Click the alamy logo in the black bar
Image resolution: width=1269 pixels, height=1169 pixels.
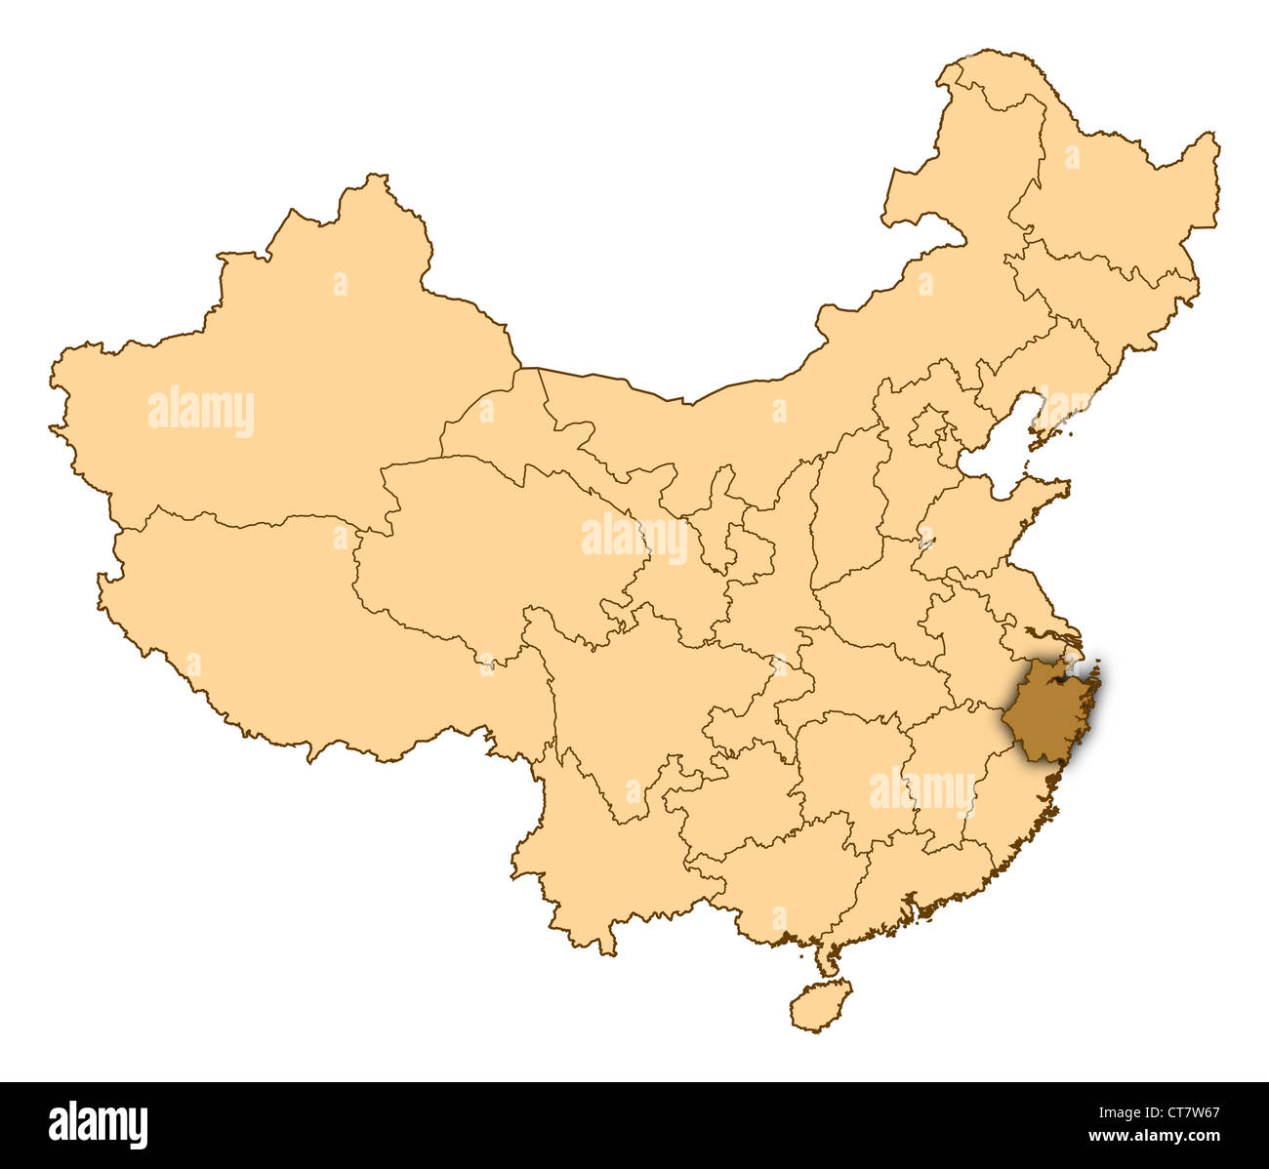click(98, 1124)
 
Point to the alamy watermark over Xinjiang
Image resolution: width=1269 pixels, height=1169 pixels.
click(201, 412)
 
